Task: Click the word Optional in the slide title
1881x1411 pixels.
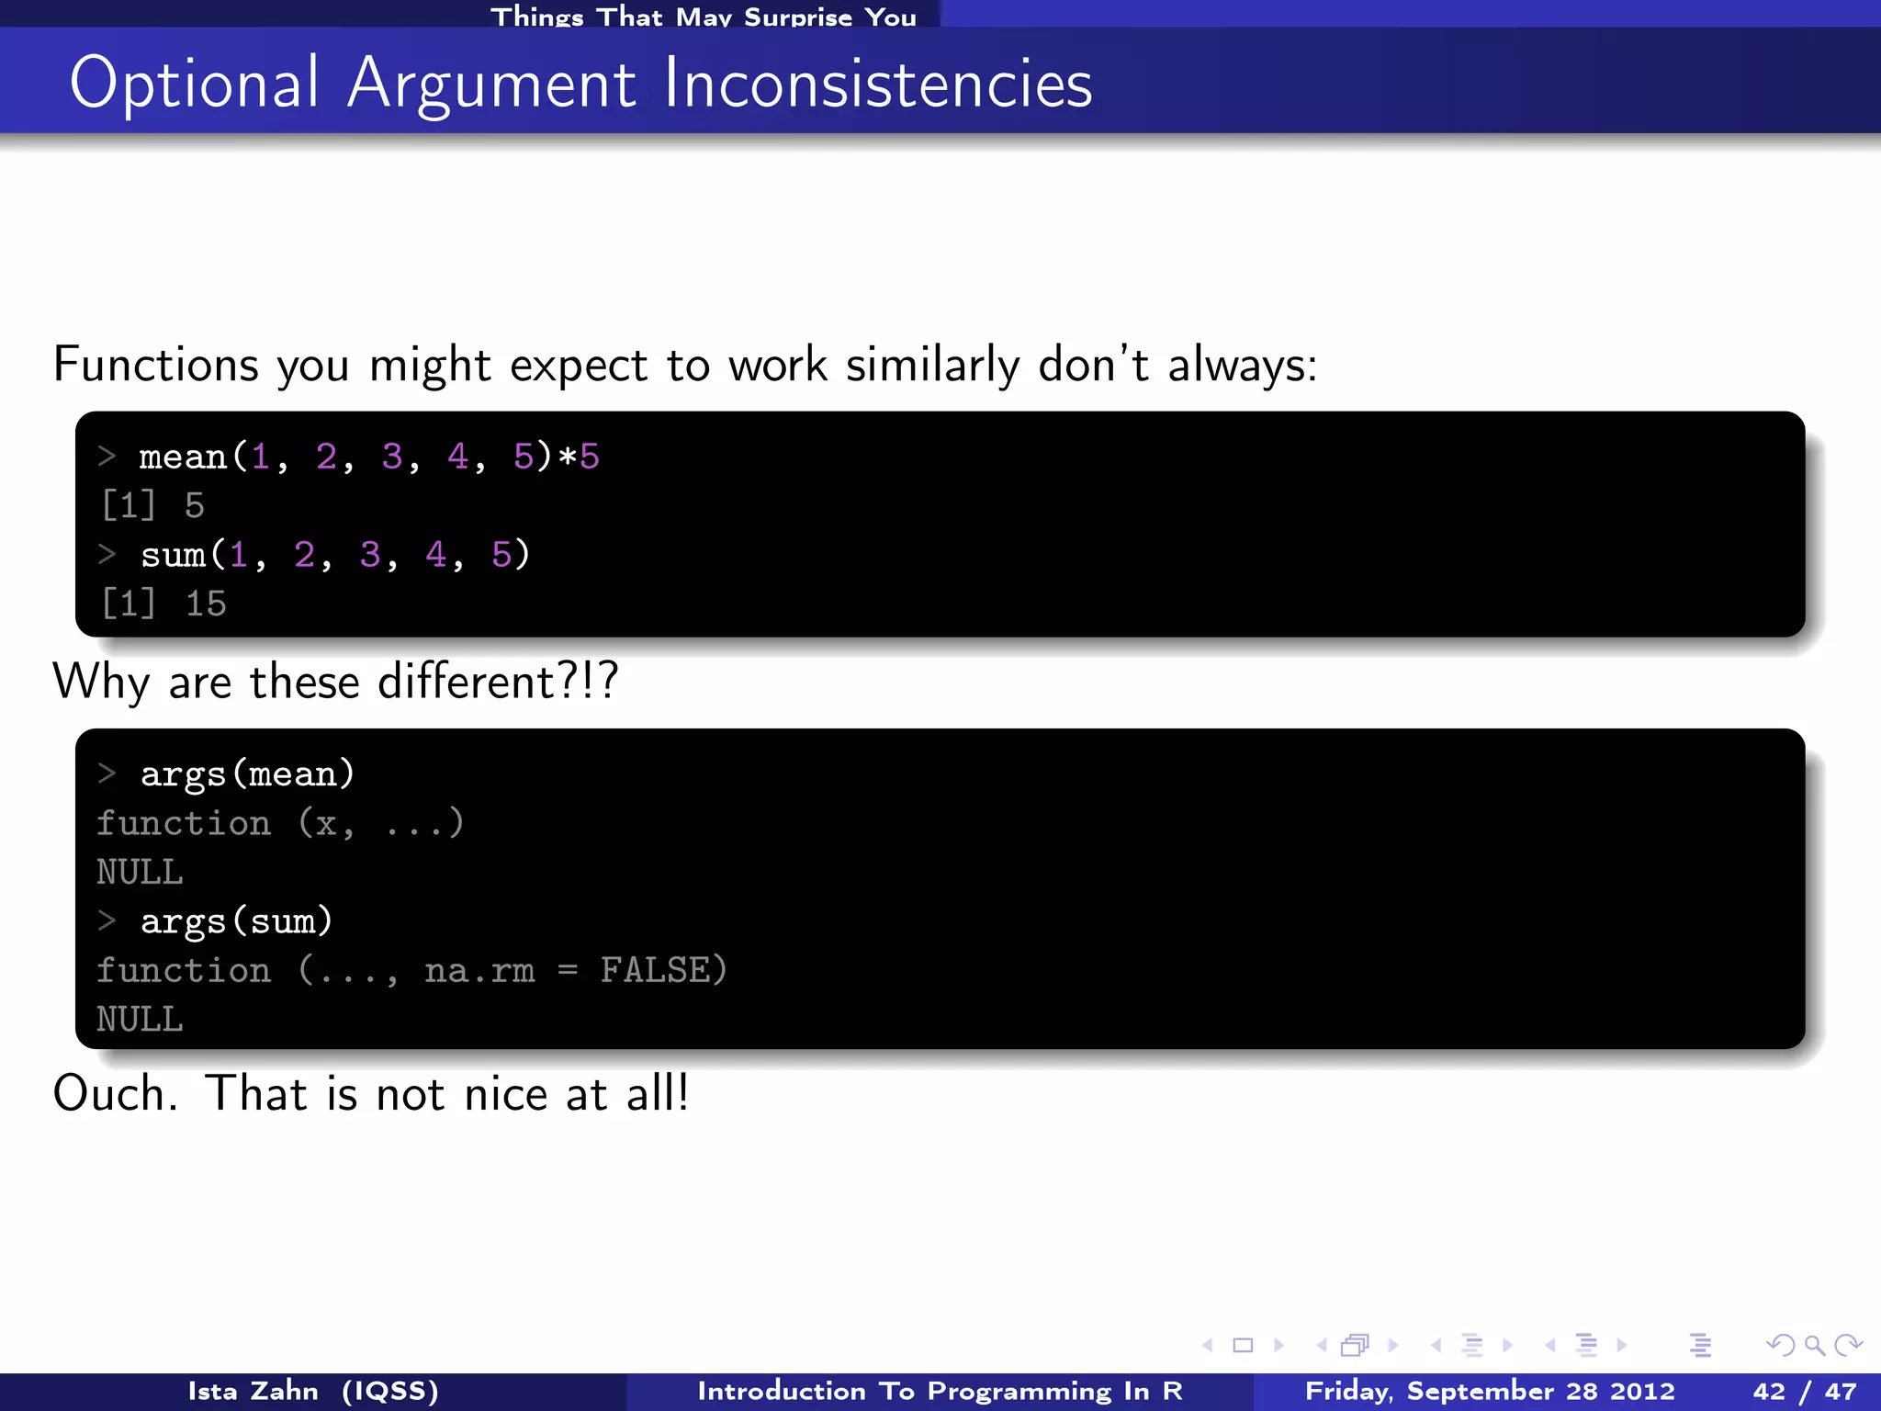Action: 194,85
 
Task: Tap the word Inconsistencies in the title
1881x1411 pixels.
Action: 877,85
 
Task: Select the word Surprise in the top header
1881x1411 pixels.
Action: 797,17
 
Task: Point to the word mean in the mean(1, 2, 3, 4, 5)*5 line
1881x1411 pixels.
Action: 183,457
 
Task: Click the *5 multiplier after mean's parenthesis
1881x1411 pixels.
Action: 579,457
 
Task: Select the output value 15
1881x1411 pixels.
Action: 206,604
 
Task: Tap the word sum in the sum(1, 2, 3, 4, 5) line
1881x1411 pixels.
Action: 174,555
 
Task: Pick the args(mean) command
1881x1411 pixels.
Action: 247,774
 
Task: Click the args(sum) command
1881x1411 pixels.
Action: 236,921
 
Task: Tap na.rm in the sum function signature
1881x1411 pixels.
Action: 479,970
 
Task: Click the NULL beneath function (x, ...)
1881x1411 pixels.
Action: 140,872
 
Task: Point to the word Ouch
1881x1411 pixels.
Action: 114,1094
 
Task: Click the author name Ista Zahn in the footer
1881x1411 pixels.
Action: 253,1392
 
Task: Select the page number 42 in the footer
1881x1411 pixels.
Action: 1769,1392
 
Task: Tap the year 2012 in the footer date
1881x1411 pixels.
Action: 1643,1392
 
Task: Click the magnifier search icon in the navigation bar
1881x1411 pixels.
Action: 1814,1346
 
